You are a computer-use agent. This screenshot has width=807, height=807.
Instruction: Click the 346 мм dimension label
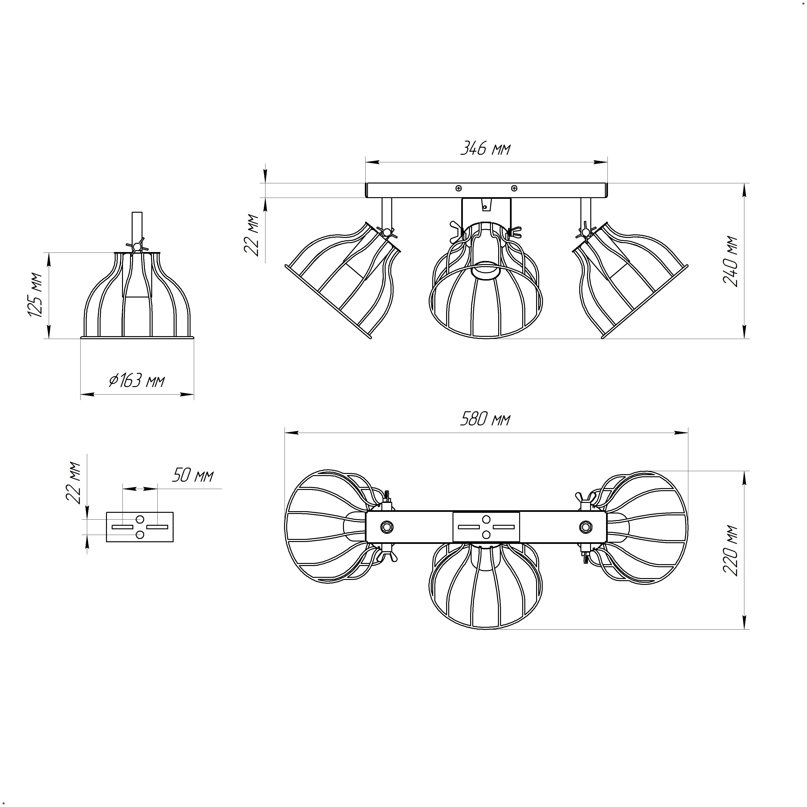click(x=485, y=148)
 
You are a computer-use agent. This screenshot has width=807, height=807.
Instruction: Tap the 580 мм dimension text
click(x=485, y=419)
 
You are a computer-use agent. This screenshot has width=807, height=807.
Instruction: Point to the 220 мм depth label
click(x=730, y=550)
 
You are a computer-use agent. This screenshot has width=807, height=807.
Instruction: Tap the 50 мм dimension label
click(x=192, y=475)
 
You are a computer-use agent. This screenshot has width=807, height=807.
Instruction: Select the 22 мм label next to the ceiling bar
click(x=252, y=235)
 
